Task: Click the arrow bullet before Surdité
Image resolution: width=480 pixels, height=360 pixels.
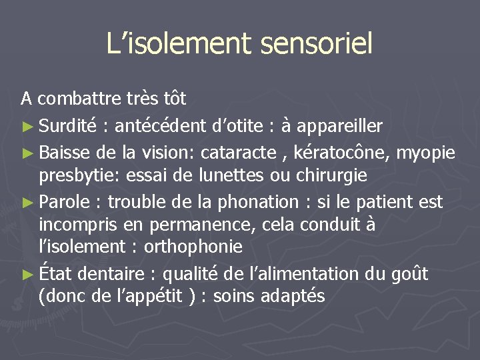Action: [27, 126]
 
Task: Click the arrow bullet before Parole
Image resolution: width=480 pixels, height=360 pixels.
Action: [27, 202]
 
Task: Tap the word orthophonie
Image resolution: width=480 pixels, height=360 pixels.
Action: [194, 247]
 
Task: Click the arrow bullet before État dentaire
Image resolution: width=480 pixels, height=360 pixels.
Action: [27, 274]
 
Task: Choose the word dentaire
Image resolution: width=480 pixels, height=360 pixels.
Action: [113, 273]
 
